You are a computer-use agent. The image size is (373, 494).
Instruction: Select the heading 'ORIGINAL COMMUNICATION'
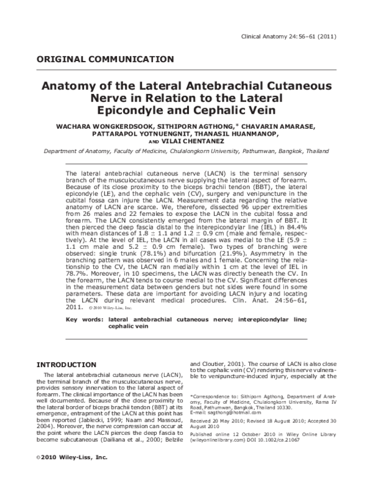click(106, 60)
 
